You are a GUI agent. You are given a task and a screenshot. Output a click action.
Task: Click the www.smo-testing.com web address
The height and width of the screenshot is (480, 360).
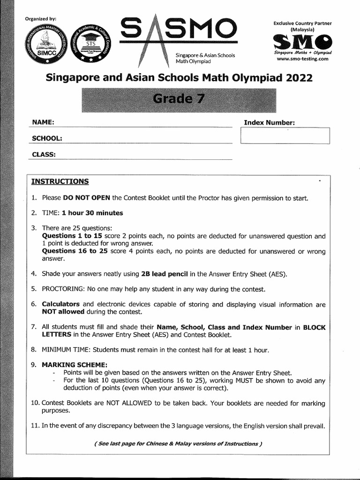[302, 60]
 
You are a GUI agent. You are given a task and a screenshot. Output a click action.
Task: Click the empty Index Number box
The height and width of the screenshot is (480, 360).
[285, 136]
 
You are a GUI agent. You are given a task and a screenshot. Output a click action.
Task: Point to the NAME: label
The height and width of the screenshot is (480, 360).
[43, 122]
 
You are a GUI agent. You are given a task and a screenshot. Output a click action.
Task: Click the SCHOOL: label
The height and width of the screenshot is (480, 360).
[47, 138]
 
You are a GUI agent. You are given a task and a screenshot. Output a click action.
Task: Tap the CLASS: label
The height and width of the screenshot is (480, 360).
[44, 154]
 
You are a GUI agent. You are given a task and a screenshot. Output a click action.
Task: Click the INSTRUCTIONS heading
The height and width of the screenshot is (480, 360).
[60, 181]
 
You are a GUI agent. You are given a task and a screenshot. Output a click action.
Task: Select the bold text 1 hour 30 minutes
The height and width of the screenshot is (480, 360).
[96, 213]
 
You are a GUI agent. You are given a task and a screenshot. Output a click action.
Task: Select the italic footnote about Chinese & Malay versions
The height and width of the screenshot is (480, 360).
[178, 443]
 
